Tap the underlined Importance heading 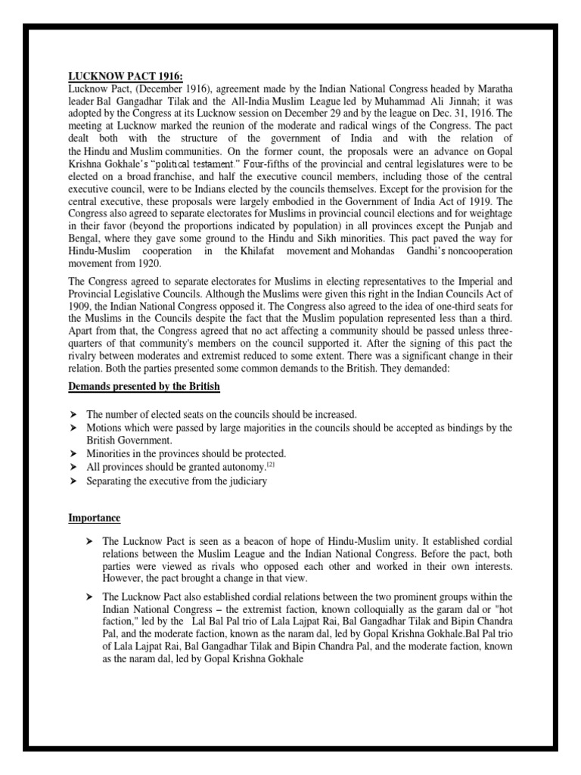95,518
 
